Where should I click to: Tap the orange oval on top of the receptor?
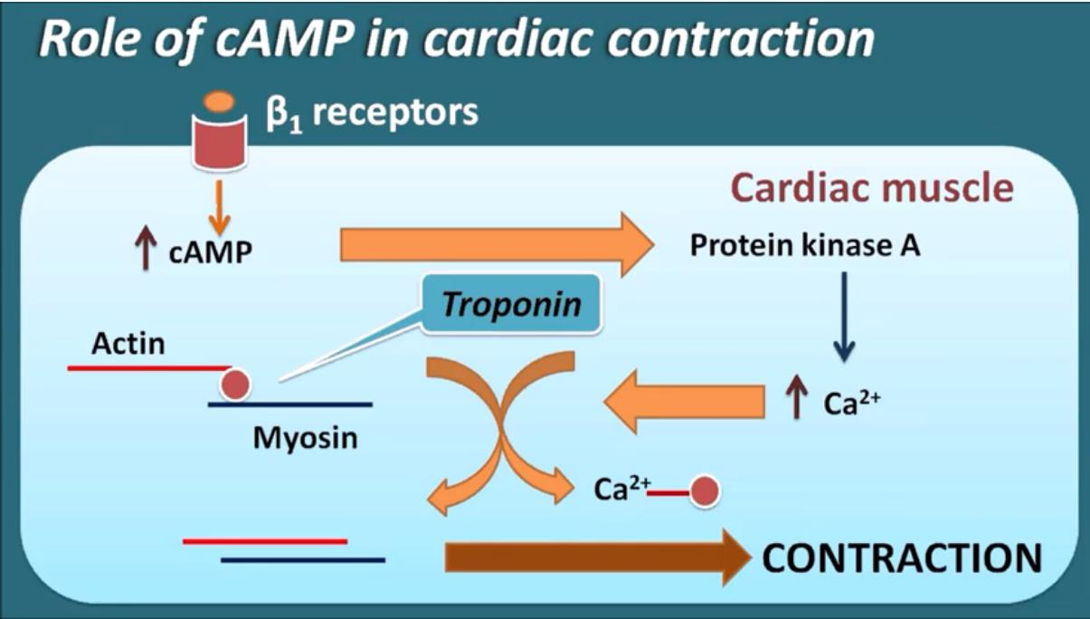(x=220, y=102)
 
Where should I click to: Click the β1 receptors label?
(x=373, y=113)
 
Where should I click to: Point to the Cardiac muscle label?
(x=873, y=188)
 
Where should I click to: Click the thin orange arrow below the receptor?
(x=220, y=208)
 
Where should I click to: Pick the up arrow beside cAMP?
(x=146, y=248)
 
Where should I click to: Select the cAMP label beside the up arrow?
(x=210, y=252)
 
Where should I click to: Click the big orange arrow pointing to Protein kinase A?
(x=497, y=244)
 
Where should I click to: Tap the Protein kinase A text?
(x=805, y=244)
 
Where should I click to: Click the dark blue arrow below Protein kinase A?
(x=844, y=317)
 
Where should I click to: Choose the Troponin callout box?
(x=511, y=304)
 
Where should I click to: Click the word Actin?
(x=128, y=344)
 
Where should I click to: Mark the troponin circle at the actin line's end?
(x=235, y=385)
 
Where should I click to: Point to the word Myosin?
(x=306, y=438)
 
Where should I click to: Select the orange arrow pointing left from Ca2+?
(x=684, y=402)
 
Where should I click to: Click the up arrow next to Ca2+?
(x=797, y=397)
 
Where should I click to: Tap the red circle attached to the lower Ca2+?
(x=705, y=491)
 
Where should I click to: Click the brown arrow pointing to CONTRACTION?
(x=598, y=557)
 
